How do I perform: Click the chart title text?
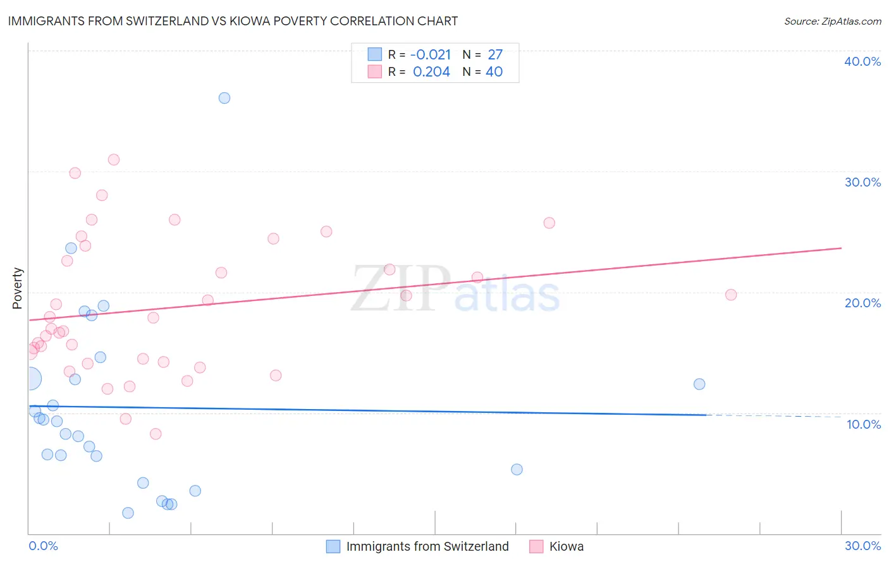pyautogui.click(x=233, y=21)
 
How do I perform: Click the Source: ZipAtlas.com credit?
pyautogui.click(x=832, y=21)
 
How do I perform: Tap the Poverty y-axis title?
pyautogui.click(x=17, y=288)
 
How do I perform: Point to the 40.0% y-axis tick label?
pyautogui.click(x=862, y=61)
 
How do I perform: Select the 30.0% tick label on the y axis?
pyautogui.click(x=862, y=182)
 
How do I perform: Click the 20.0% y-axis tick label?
pyautogui.click(x=862, y=303)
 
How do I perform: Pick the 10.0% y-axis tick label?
pyautogui.click(x=863, y=424)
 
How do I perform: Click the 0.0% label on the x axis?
pyautogui.click(x=43, y=546)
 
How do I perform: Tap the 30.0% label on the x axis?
pyautogui.click(x=862, y=546)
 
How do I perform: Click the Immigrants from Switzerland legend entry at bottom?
pyautogui.click(x=427, y=546)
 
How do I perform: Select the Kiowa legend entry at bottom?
pyautogui.click(x=566, y=546)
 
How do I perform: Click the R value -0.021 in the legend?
pyautogui.click(x=430, y=55)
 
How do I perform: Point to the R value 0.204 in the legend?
pyautogui.click(x=431, y=72)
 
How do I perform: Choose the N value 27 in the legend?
pyautogui.click(x=495, y=55)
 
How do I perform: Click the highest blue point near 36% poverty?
pyautogui.click(x=224, y=98)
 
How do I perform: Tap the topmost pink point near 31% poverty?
pyautogui.click(x=114, y=159)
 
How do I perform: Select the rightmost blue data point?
pyautogui.click(x=699, y=384)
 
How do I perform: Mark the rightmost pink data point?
pyautogui.click(x=731, y=295)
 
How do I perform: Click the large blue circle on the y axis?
pyautogui.click(x=30, y=379)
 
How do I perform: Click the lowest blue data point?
pyautogui.click(x=128, y=513)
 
